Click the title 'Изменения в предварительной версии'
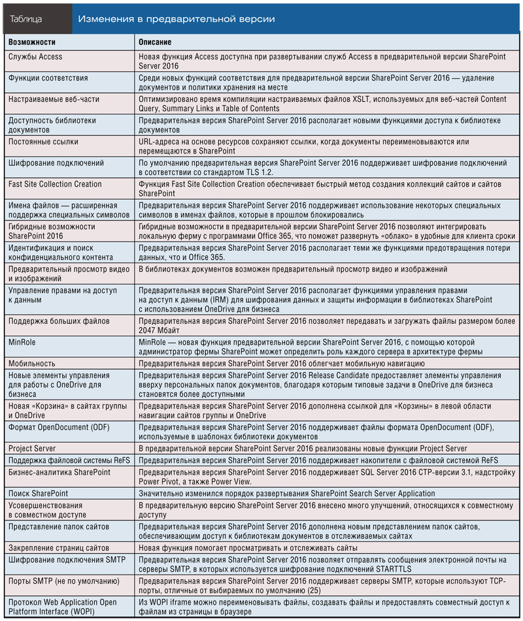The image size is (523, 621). pos(176,19)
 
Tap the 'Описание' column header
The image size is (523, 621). pos(156,42)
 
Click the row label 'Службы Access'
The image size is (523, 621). pos(35,57)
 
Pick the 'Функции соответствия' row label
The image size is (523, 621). pos(48,78)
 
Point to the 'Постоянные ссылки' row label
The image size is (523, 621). pos(44,142)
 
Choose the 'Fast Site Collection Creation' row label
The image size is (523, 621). pos(56,184)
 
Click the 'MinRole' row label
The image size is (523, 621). pos(23,342)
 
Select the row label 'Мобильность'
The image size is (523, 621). pos(32,363)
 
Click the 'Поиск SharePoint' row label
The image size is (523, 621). pos(38,494)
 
